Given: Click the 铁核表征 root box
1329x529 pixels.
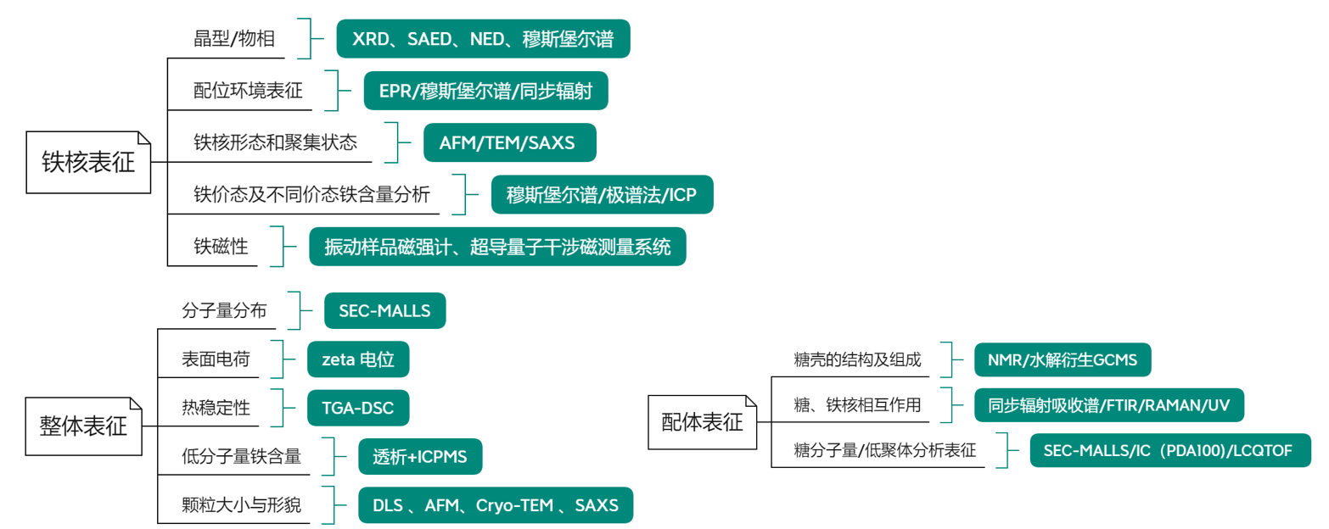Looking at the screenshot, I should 88,161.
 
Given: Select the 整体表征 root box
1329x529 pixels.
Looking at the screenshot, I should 83,424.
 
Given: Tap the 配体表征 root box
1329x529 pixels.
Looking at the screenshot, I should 703,421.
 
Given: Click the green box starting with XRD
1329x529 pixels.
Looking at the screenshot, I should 483,39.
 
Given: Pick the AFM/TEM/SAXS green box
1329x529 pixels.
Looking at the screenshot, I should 509,142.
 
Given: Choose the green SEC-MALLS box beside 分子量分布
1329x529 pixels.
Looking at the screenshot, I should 384,311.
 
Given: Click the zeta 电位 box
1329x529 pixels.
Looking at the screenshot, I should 358,359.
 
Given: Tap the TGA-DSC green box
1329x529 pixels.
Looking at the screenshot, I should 358,408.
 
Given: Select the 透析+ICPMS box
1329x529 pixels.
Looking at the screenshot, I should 420,457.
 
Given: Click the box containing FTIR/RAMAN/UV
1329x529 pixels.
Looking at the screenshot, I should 1109,404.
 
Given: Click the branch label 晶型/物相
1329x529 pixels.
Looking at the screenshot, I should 234,39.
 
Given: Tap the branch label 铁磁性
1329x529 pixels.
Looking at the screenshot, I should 221,247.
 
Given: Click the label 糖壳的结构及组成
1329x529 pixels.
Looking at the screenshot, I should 856,360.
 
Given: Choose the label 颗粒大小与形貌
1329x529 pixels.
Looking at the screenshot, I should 241,506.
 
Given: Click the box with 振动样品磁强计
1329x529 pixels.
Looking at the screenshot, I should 497,247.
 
